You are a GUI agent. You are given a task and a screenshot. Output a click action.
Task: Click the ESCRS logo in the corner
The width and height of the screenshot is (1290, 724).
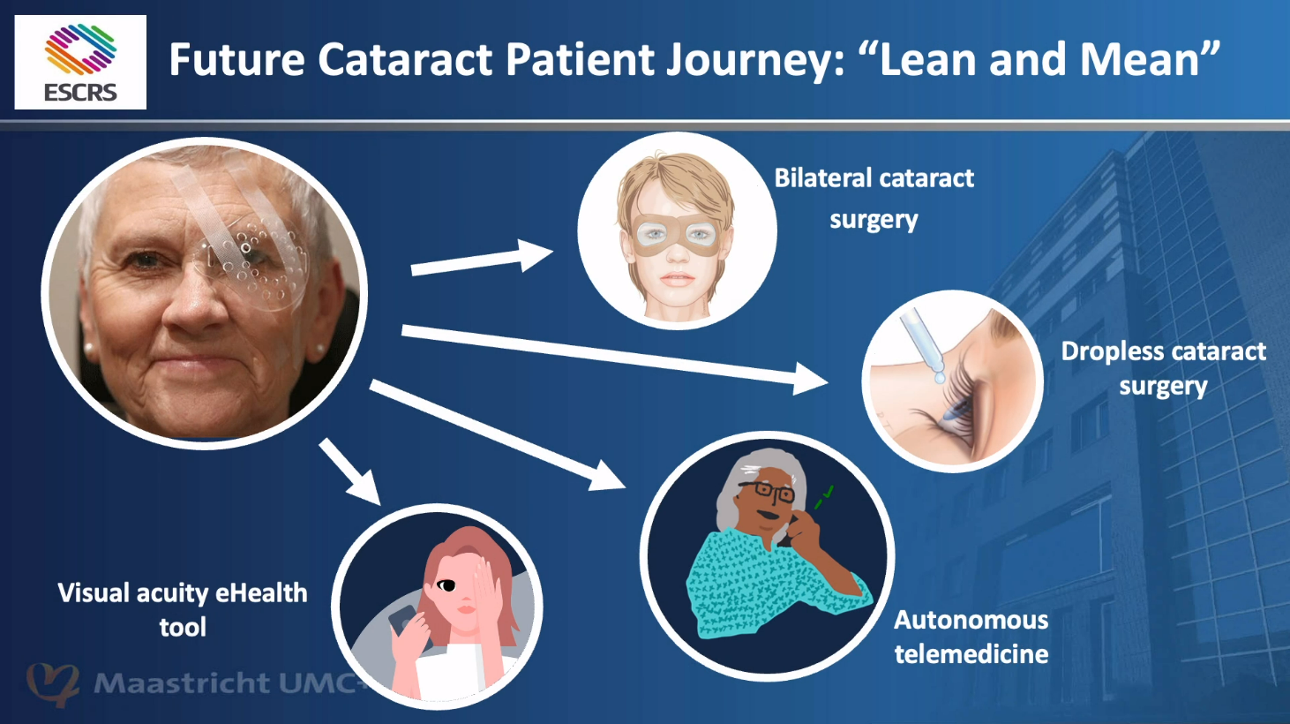point(80,63)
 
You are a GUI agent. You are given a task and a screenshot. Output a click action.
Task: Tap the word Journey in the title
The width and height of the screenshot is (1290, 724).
point(755,60)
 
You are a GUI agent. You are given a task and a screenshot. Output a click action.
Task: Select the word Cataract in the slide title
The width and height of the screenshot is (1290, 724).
point(405,59)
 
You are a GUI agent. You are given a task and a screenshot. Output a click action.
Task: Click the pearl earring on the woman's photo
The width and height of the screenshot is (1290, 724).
point(88,349)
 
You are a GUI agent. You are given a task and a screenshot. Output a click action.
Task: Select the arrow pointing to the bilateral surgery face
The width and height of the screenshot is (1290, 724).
point(482,260)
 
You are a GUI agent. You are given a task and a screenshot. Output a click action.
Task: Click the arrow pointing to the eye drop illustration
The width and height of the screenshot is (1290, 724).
point(614,358)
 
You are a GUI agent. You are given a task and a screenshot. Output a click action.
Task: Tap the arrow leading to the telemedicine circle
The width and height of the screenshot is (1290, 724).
point(498,436)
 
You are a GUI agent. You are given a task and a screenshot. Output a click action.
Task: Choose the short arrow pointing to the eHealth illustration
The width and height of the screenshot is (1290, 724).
point(349,471)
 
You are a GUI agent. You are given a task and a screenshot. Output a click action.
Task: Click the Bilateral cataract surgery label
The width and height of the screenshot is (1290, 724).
point(874,199)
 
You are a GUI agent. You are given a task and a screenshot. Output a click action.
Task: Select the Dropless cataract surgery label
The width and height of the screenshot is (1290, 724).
point(1163,369)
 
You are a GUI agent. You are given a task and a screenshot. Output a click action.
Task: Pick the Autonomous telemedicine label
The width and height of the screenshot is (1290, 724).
point(971,637)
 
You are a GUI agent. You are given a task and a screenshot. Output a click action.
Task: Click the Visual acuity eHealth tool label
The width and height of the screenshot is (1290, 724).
point(183,610)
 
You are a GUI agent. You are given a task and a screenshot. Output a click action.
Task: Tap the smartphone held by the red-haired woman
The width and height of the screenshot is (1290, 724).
point(407,625)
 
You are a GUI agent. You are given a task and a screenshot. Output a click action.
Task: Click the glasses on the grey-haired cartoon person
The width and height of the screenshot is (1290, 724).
point(767,490)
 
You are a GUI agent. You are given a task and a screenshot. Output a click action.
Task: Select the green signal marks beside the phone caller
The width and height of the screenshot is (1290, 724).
point(824,497)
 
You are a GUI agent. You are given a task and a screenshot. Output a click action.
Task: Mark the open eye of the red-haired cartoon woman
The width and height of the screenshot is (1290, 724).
point(446,585)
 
